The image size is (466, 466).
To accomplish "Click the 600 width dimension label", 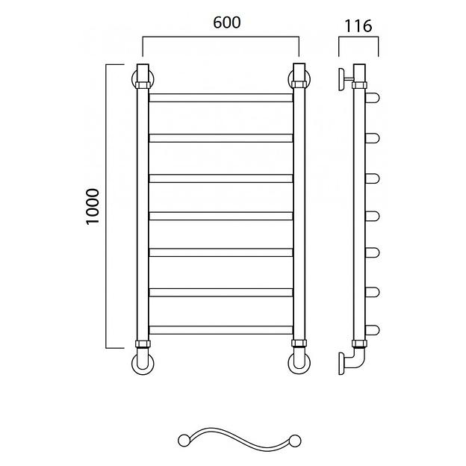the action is (x=227, y=22).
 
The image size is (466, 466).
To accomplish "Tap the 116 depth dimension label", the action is (x=358, y=26).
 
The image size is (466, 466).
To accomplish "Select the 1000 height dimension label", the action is (x=93, y=207).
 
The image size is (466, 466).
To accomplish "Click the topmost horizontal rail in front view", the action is (x=221, y=98).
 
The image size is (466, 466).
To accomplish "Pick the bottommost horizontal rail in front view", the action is (x=221, y=330).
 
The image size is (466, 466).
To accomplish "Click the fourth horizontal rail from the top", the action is (x=221, y=216).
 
